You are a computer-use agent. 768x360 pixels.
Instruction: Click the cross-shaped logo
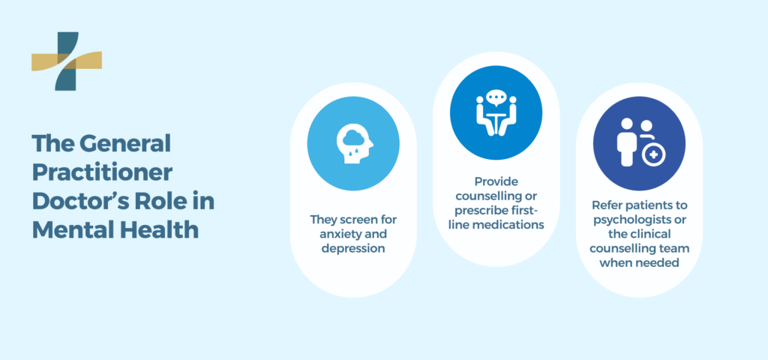pyautogui.click(x=67, y=61)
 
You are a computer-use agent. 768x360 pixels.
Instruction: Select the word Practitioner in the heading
pyautogui.click(x=102, y=172)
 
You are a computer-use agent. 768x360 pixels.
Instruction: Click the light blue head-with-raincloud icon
pyautogui.click(x=353, y=145)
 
